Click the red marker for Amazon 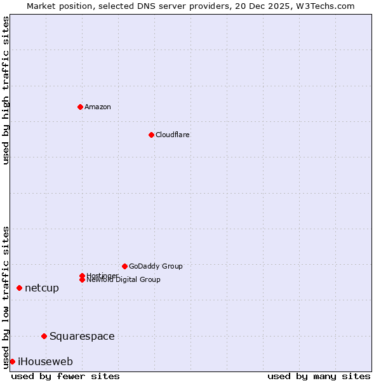point(80,107)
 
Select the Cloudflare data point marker point(151,135)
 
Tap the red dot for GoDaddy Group point(124,266)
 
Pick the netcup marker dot point(19,288)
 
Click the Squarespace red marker point(44,336)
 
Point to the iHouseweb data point point(12,361)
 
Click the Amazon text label point(97,107)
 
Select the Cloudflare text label point(172,135)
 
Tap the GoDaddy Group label point(156,266)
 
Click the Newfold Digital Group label point(123,280)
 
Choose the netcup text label point(42,288)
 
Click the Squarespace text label point(82,336)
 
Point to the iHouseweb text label point(45,361)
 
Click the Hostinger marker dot point(82,276)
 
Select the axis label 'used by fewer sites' point(65,376)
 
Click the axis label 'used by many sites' point(319,376)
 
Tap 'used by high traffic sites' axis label point(6,90)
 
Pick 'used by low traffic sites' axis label point(6,297)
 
